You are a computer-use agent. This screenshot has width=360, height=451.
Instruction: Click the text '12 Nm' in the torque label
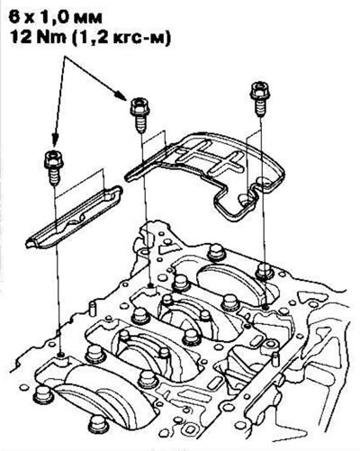[x=39, y=39]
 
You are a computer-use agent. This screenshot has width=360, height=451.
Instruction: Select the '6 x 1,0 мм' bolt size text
[x=56, y=17]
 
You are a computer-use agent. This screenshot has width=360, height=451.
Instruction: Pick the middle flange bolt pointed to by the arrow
[x=139, y=114]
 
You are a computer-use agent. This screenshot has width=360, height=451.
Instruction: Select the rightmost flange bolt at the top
[x=259, y=98]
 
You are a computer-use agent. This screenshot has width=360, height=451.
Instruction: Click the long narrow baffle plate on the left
[x=74, y=217]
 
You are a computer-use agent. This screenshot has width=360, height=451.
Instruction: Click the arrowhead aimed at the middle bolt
[x=121, y=95]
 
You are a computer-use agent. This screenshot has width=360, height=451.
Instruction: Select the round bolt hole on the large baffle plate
[x=245, y=199]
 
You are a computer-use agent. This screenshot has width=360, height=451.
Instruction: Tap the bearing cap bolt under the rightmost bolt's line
[x=265, y=271]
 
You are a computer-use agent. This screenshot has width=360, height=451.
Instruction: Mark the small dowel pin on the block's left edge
[x=93, y=308]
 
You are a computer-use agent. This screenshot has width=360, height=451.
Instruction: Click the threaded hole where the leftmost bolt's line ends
[x=61, y=356]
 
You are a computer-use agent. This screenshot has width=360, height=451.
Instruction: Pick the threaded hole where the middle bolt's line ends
[x=151, y=284]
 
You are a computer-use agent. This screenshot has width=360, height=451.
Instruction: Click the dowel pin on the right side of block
[x=275, y=359]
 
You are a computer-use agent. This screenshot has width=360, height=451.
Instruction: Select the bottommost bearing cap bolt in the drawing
[x=98, y=424]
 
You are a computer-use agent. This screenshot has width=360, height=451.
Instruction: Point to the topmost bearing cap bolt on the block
[x=216, y=253]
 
